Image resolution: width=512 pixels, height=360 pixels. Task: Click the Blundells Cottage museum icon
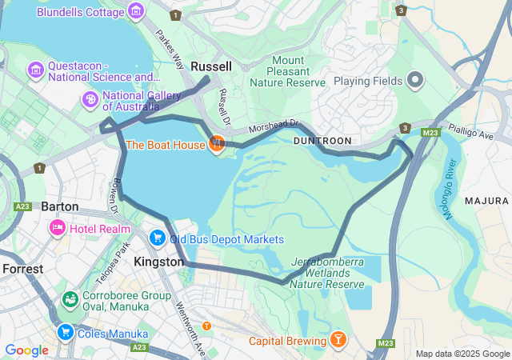pos(136,11)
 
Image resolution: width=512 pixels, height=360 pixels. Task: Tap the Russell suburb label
pos(211,66)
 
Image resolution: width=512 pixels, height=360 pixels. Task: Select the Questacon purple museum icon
pos(35,70)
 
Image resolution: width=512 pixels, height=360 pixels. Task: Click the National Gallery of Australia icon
pos(90,99)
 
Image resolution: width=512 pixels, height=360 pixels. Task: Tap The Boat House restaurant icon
pos(216,144)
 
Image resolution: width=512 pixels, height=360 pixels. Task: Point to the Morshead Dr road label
pos(273,127)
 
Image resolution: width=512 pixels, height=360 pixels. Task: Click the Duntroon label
pos(322,140)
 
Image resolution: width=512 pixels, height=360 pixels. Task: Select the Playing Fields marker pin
pos(414,80)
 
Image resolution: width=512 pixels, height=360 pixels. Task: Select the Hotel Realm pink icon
pos(57,229)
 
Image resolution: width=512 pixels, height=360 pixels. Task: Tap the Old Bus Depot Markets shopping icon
pos(157,238)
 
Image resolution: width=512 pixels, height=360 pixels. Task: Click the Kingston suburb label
pos(160,262)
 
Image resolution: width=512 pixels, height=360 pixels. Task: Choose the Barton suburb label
pos(60,206)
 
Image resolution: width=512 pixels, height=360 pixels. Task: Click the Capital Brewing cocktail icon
pos(338,341)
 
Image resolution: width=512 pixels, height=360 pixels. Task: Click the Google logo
pos(26,350)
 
